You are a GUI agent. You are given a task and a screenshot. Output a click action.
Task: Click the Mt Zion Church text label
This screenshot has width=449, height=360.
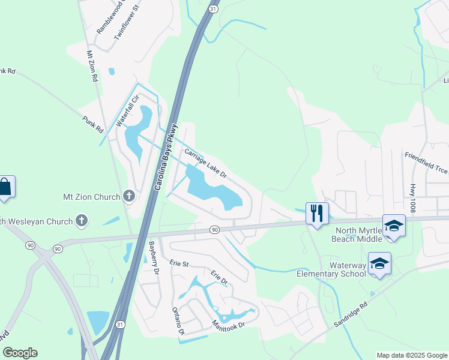92,196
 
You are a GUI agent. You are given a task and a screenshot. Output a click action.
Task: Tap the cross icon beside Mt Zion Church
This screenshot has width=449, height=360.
128,196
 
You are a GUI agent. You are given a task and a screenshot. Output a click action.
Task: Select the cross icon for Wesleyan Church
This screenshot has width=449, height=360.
82,221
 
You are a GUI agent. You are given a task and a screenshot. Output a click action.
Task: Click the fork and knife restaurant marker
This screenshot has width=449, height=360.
317,213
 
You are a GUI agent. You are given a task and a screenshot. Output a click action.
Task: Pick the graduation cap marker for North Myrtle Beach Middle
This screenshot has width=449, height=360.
394,226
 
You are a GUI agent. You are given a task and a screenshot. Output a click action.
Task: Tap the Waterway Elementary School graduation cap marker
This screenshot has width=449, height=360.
379,263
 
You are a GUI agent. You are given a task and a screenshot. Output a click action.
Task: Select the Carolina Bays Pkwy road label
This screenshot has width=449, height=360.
166,158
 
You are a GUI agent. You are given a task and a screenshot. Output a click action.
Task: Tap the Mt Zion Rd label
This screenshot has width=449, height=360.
92,66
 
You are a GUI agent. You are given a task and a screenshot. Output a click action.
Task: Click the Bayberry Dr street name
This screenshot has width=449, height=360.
154,258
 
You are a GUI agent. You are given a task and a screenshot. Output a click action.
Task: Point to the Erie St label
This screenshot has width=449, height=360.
179,263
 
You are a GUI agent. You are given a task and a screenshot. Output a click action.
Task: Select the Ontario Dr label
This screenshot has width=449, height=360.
179,320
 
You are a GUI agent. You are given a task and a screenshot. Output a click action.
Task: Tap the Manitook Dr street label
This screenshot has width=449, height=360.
229,325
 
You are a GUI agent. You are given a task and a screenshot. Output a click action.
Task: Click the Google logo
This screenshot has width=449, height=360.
20,353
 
